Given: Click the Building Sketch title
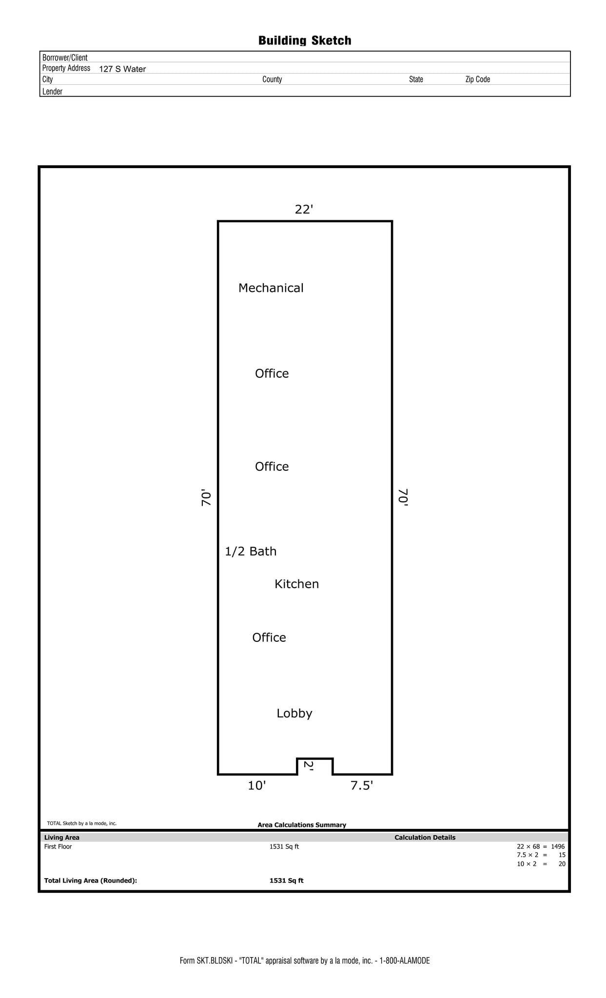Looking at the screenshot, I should [x=305, y=40].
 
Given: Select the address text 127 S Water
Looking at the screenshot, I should [x=122, y=69].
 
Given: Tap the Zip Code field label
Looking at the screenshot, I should [x=477, y=79].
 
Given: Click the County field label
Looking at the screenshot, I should [x=272, y=79].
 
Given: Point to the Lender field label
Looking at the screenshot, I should [x=52, y=92].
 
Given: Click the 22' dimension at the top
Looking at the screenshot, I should [x=304, y=210].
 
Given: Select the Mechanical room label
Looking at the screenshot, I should [x=271, y=288].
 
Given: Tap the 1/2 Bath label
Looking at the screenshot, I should [x=251, y=551].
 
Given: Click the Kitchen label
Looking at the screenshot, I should [x=296, y=584].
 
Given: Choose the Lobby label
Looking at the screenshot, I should [x=294, y=713].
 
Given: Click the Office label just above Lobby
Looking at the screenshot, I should [x=269, y=637].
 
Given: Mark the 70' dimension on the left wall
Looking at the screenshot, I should [x=207, y=498].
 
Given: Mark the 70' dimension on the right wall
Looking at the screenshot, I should [x=403, y=498].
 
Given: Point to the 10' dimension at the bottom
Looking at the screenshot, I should [x=256, y=786].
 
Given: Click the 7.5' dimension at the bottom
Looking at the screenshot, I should [x=362, y=786].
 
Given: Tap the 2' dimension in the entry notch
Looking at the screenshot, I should [x=309, y=765].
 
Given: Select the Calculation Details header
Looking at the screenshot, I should [x=425, y=837].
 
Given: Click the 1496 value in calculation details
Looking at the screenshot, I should [x=558, y=846].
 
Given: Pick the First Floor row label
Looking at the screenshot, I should [x=58, y=846].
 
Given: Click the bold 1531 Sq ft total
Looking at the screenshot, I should [x=286, y=881].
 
